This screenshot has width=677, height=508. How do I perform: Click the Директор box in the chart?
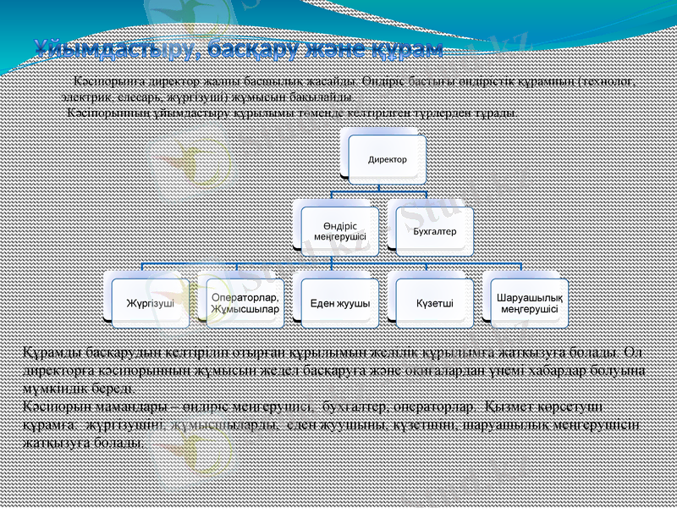tap(387, 159)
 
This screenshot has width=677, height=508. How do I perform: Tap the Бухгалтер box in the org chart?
tap(434, 230)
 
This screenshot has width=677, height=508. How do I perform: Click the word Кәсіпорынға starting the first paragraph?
tap(106, 82)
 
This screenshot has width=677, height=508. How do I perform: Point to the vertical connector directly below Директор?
tap(387, 190)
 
